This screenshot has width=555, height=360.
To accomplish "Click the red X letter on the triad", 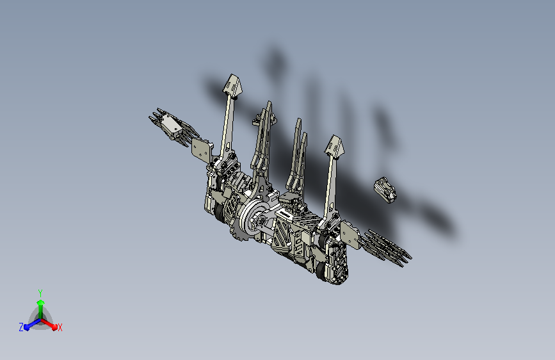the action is tap(60, 328).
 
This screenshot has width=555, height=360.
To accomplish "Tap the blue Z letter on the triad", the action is tap(21, 327).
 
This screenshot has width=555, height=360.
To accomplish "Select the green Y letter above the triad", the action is tap(40, 293).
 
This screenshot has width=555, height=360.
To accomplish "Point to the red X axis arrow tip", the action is tap(54, 327).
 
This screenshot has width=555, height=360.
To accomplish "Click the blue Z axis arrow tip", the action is tap(26, 328).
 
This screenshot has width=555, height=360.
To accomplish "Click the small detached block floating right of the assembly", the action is tap(385, 190).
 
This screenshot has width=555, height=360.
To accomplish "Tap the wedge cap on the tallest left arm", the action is tap(232, 85).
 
